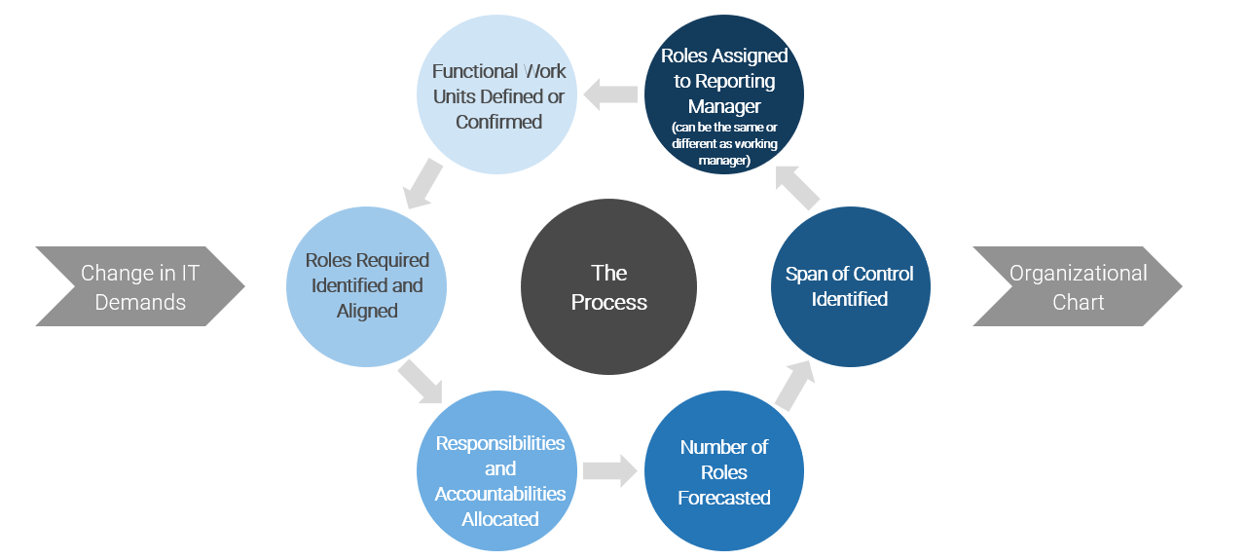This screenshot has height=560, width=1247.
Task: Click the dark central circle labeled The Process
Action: [608, 287]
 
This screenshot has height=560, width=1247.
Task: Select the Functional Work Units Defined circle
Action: [498, 95]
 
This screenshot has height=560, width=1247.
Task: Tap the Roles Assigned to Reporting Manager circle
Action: [724, 94]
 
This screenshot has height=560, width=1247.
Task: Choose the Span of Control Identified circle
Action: [850, 287]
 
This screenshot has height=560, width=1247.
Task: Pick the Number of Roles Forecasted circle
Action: [724, 471]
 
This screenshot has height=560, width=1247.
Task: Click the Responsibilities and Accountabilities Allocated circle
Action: [499, 481]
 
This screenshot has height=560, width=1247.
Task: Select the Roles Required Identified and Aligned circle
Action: [367, 286]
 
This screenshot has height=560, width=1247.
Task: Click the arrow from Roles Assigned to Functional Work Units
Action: [610, 94]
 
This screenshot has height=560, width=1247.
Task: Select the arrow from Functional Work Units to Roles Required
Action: [421, 184]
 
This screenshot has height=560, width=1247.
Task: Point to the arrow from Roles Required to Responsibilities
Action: [420, 381]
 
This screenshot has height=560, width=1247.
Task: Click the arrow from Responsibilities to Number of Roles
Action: [609, 471]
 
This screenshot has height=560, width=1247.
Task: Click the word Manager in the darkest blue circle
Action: [724, 106]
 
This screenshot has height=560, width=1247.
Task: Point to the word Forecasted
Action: [724, 498]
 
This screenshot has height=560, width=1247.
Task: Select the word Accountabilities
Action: [499, 494]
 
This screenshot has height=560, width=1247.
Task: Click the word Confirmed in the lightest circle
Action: [498, 122]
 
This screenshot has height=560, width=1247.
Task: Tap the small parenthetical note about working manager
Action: [724, 144]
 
